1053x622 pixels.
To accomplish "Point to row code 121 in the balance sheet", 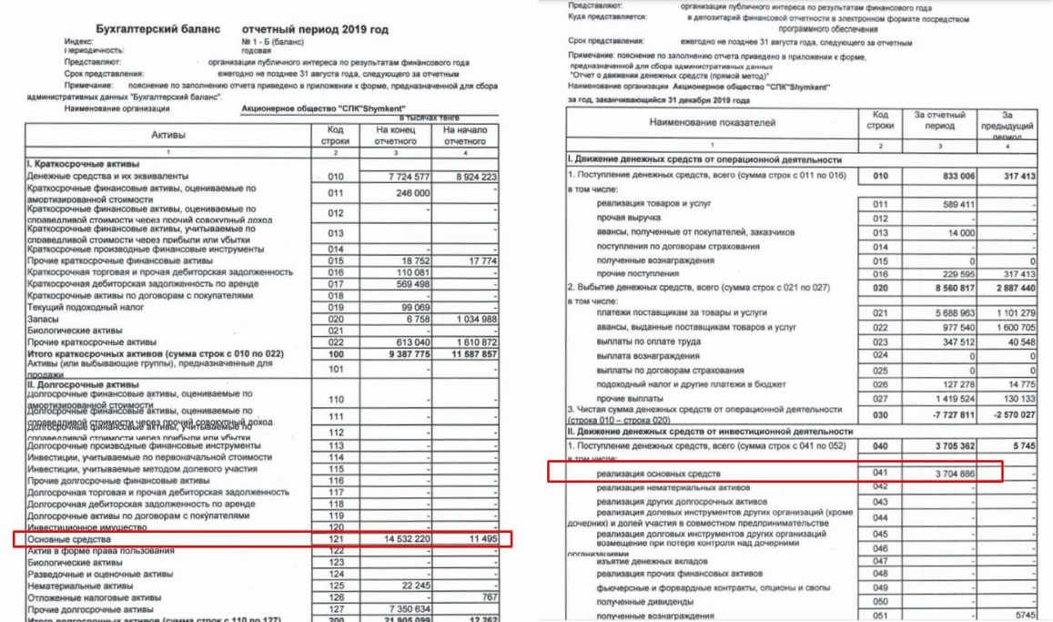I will (x=336, y=539).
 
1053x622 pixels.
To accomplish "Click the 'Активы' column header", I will (x=168, y=135).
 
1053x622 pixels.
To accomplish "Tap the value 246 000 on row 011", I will (x=410, y=193).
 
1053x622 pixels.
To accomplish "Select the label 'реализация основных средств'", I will (x=659, y=474).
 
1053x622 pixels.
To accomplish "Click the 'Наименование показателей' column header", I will (x=713, y=121).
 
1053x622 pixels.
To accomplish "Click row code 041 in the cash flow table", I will (x=879, y=474).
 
